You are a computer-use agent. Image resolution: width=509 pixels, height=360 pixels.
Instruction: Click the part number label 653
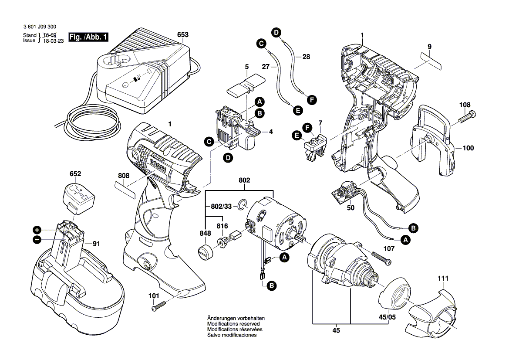pyautogui.click(x=183, y=34)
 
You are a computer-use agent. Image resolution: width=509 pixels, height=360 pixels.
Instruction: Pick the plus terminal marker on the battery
pyautogui.click(x=37, y=230)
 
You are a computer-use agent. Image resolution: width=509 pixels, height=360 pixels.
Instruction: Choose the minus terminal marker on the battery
pyautogui.click(x=37, y=239)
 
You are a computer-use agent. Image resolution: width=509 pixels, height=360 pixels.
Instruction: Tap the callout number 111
pyautogui.click(x=443, y=278)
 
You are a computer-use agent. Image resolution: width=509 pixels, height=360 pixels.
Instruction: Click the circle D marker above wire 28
pyautogui.click(x=276, y=31)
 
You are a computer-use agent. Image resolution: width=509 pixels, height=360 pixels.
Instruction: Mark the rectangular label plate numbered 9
pyautogui.click(x=427, y=61)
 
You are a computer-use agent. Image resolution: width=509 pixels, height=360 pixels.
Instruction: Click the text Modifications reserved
pyautogui.click(x=233, y=324)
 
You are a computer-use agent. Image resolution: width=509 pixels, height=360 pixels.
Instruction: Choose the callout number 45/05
pyautogui.click(x=386, y=318)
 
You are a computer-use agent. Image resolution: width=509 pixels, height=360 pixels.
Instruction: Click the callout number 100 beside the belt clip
pyautogui.click(x=468, y=148)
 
